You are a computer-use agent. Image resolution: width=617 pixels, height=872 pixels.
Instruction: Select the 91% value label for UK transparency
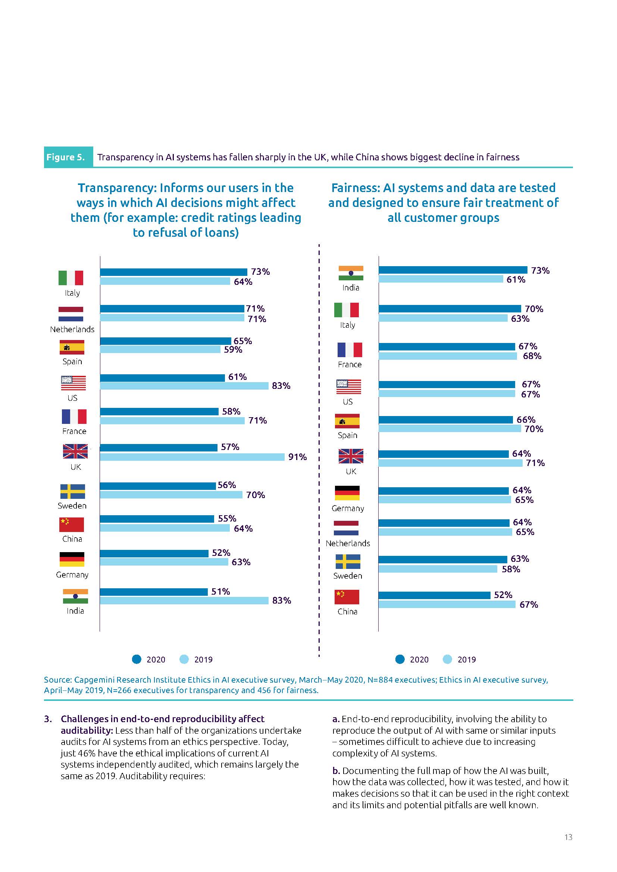click(297, 457)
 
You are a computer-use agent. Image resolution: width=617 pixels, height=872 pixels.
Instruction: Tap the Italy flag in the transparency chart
click(71, 278)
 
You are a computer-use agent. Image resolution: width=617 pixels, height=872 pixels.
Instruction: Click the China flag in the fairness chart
click(347, 596)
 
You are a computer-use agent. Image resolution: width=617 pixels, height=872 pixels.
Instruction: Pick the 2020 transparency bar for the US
click(162, 378)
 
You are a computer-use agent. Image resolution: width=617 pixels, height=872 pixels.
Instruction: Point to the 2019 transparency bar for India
click(184, 601)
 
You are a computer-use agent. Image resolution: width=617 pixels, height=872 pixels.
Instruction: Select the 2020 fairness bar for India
click(452, 270)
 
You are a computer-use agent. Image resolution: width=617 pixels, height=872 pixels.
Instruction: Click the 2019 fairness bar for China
click(447, 604)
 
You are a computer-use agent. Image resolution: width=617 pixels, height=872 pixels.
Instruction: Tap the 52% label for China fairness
click(502, 595)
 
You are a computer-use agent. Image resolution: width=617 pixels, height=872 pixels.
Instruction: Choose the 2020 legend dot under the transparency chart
click(137, 659)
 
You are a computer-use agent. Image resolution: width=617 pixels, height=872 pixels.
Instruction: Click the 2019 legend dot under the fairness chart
click(447, 659)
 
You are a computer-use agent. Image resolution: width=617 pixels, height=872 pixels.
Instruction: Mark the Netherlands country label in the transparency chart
click(72, 329)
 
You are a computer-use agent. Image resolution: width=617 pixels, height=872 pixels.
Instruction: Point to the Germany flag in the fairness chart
click(347, 492)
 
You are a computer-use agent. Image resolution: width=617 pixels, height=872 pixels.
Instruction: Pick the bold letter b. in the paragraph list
click(336, 771)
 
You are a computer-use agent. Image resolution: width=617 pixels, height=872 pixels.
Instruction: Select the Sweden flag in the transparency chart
click(73, 491)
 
